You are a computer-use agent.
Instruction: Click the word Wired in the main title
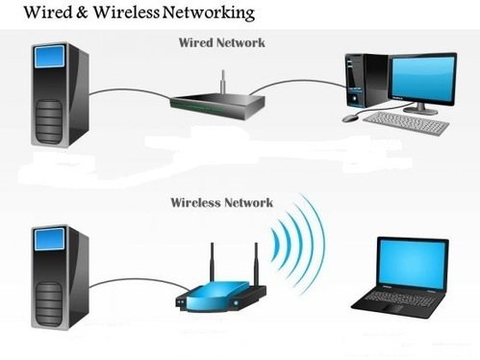(x=48, y=13)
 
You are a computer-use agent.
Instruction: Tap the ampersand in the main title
(x=82, y=13)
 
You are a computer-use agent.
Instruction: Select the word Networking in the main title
(x=209, y=13)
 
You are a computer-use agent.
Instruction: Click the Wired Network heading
(x=221, y=42)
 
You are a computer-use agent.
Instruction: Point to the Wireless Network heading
(x=221, y=202)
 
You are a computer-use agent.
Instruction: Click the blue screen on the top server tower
(x=50, y=57)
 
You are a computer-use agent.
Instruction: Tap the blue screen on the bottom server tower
(x=50, y=239)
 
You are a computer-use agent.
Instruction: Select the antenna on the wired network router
(x=223, y=82)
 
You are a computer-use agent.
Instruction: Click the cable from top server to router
(x=129, y=90)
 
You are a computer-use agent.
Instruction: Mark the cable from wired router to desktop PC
(x=296, y=82)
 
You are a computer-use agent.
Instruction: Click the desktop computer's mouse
(x=350, y=117)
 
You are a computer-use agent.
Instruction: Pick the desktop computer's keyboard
(x=407, y=123)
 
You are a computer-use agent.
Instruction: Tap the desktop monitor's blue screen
(x=423, y=78)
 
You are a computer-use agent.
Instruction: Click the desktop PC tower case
(x=366, y=80)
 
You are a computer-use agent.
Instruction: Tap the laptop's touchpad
(x=391, y=309)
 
